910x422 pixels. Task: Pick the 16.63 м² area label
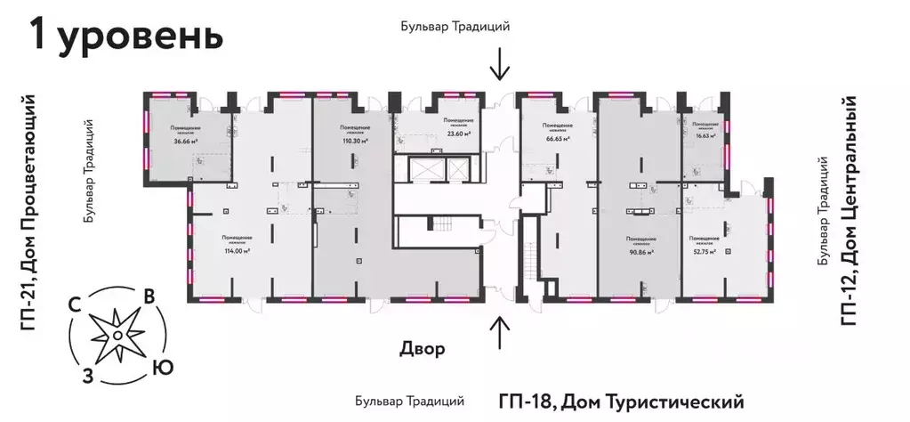(x=705, y=136)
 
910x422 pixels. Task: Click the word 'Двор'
(x=422, y=347)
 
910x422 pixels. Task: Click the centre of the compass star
(x=116, y=335)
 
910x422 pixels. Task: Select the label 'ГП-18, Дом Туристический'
(x=620, y=401)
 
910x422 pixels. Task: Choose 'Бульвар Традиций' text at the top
(x=455, y=27)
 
